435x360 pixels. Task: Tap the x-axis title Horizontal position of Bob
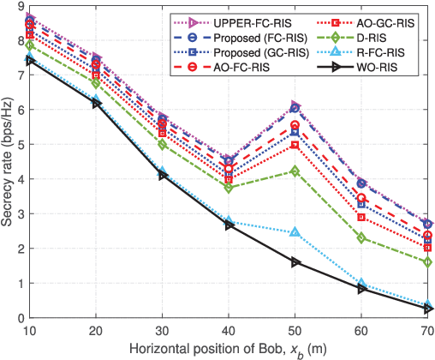tap(230, 349)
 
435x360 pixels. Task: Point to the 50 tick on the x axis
tap(295, 330)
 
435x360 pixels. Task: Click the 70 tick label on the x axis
tap(427, 330)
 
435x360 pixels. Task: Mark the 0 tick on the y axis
tap(20, 318)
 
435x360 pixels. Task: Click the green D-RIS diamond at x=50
tap(295, 171)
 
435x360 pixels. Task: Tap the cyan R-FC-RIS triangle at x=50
tap(295, 232)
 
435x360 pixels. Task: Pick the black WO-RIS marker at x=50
tap(295, 261)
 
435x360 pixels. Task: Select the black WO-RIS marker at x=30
tap(163, 174)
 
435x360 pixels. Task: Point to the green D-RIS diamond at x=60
tap(361, 237)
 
